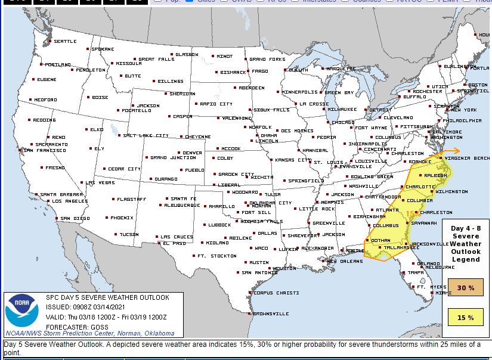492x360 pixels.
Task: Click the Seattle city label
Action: pos(65,41)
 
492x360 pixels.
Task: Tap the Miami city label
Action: pos(443,293)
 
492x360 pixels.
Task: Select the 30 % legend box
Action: pos(466,288)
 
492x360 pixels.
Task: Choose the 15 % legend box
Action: pos(466,318)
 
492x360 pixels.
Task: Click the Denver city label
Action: pos(192,153)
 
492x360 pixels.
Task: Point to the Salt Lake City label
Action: pos(146,135)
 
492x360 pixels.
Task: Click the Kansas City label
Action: pos(293,160)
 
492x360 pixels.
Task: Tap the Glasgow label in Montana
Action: pos(186,54)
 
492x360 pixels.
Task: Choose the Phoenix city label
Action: pos(122,218)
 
